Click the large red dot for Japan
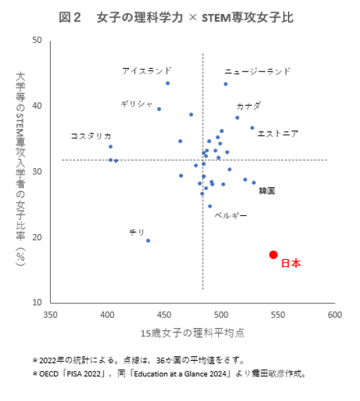pyautogui.click(x=273, y=255)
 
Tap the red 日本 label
pyautogui.click(x=290, y=263)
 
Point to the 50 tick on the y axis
pyautogui.click(x=37, y=40)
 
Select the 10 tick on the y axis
pyautogui.click(x=37, y=303)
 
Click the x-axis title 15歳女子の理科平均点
pyautogui.click(x=192, y=332)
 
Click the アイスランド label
pyautogui.click(x=146, y=70)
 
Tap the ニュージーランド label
pyautogui.click(x=258, y=71)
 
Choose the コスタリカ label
pyautogui.click(x=91, y=136)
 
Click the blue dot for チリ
pyautogui.click(x=148, y=241)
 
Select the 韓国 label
pyautogui.click(x=266, y=190)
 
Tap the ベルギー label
pyautogui.click(x=230, y=215)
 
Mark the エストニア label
pyautogui.click(x=278, y=134)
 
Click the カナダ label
pyautogui.click(x=248, y=106)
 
